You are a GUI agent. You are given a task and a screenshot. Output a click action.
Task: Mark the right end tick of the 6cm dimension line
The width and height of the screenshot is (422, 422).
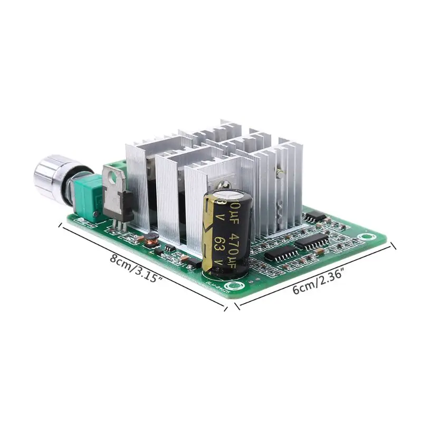tap(392, 246)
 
